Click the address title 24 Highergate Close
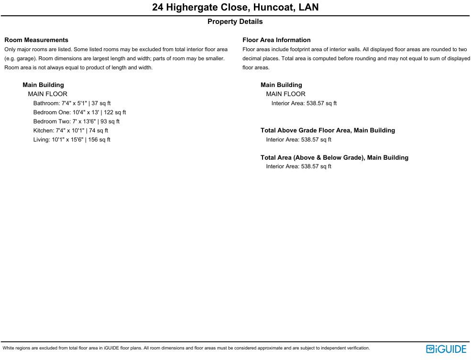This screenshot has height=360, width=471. (x=235, y=8)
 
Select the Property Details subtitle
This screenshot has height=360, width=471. (x=235, y=22)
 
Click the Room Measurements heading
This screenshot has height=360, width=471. (x=36, y=40)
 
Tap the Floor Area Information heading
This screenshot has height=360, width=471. (x=276, y=40)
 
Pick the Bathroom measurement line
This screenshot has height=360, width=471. (x=72, y=103)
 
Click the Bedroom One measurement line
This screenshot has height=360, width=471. (x=79, y=112)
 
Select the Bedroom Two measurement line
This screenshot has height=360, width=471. (x=76, y=121)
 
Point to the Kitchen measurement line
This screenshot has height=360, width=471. (x=70, y=131)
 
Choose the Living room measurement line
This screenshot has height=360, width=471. (x=72, y=140)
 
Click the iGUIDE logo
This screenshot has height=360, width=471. (x=446, y=349)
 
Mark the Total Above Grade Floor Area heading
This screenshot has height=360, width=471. (x=328, y=131)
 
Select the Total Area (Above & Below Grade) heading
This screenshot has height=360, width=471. (x=334, y=158)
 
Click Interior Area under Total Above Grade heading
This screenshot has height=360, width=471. (x=298, y=140)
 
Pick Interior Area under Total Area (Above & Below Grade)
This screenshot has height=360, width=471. (x=298, y=166)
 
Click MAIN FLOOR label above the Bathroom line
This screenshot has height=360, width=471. (x=47, y=94)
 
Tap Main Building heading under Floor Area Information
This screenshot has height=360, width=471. (x=281, y=85)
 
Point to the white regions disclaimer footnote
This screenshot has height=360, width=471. (x=186, y=348)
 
